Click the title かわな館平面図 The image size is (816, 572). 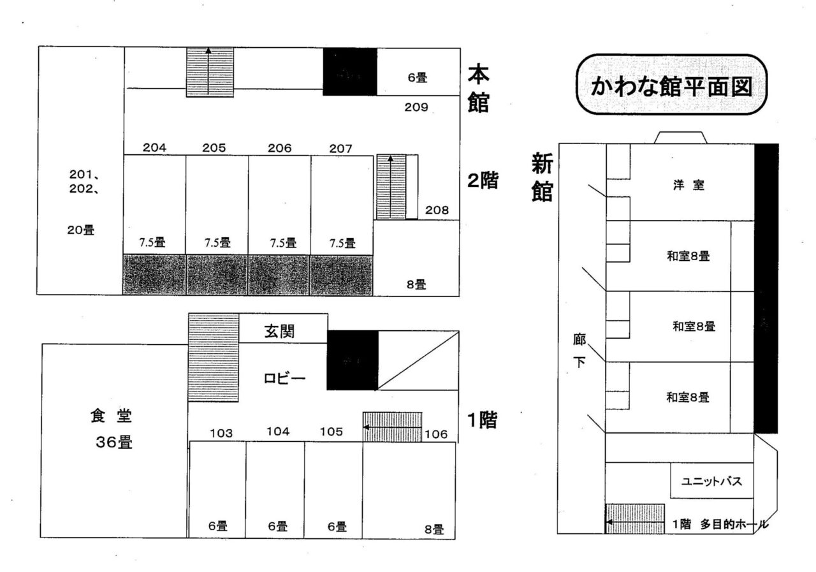tap(670, 85)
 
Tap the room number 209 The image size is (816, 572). tap(416, 107)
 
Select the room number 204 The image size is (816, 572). tap(155, 148)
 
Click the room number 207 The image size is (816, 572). tap(341, 148)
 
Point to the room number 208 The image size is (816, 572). tap(437, 210)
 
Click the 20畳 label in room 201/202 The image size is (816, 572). tap(80, 231)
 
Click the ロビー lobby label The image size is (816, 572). tap(285, 378)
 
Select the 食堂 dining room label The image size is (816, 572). tap(111, 416)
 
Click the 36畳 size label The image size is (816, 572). tap(114, 443)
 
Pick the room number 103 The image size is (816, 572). tap(221, 434)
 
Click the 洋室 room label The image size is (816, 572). tap(688, 186)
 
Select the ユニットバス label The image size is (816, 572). tap(712, 481)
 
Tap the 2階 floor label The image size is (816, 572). tap(483, 181)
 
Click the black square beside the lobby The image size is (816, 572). tap(353, 360)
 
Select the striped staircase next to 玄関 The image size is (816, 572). tap(214, 357)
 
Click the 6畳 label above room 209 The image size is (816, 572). tap(418, 78)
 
